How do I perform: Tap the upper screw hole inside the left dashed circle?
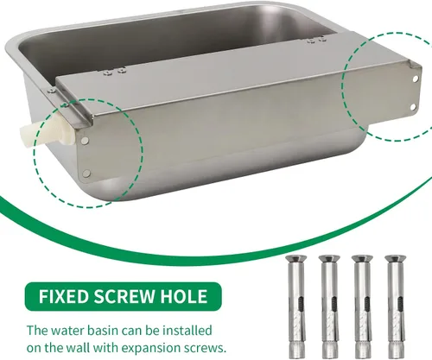pos(85,140)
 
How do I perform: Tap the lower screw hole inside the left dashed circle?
pos(86,174)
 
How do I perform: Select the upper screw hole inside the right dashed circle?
pos(416,79)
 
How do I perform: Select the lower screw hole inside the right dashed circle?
pos(413,107)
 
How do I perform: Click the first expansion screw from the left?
pos(296,306)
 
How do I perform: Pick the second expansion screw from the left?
pos(330,306)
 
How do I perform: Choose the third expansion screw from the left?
pos(363,306)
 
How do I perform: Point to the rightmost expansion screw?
pos(396,306)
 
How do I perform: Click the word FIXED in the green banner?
pos(63,296)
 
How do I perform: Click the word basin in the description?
pos(101,331)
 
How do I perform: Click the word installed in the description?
pos(187,331)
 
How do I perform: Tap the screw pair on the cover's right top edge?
pos(316,40)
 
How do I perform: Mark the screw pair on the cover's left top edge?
pos(115,71)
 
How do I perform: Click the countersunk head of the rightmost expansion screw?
pos(396,258)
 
